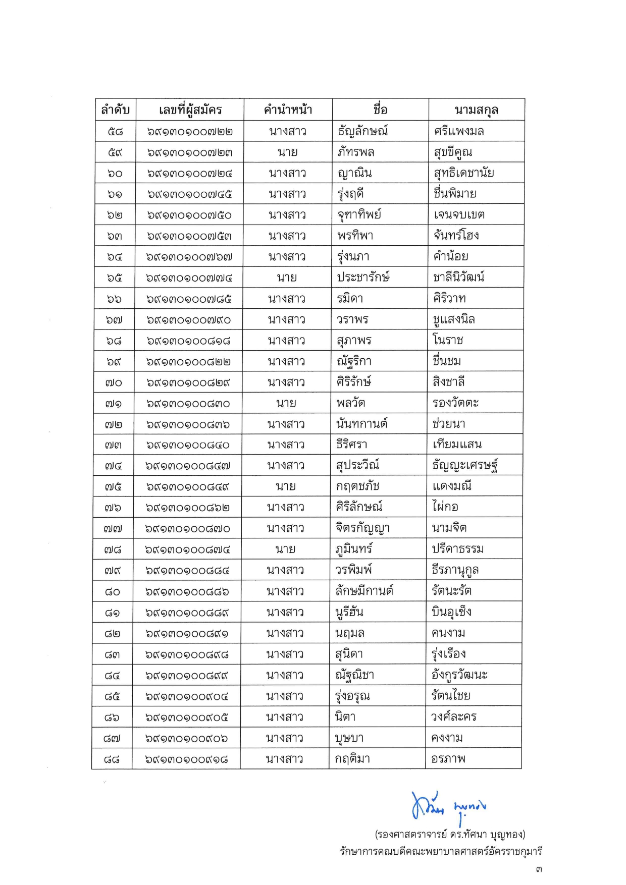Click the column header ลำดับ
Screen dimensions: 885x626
point(115,109)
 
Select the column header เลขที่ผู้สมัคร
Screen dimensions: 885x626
point(190,109)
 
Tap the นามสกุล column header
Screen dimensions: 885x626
point(476,109)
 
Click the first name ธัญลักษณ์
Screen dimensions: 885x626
point(362,131)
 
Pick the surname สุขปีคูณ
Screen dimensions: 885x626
point(453,152)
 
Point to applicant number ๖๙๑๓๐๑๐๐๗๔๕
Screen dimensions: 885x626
point(189,194)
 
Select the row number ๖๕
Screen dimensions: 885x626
point(114,278)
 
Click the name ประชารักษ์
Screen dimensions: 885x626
point(363,278)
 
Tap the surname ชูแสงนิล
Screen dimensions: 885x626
point(453,319)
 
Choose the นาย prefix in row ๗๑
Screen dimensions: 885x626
point(286,403)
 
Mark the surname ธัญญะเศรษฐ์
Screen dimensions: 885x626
point(465,465)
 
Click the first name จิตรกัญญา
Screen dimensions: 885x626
point(362,528)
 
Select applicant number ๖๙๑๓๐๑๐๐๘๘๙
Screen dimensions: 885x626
point(187,613)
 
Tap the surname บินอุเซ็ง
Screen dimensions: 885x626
point(451,612)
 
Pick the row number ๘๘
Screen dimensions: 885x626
point(112,759)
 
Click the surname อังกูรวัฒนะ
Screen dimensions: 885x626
point(459,675)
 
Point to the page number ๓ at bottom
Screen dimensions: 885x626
point(539,869)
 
